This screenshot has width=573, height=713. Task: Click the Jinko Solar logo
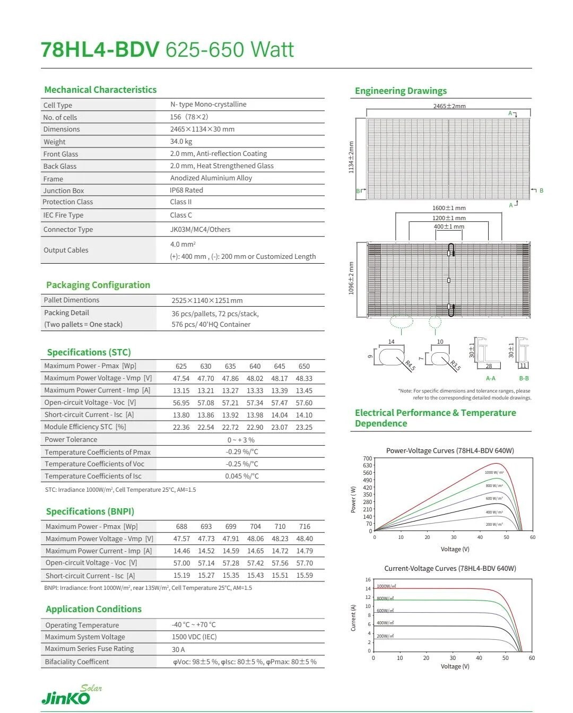[66, 695]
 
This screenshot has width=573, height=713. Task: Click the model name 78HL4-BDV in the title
[100, 50]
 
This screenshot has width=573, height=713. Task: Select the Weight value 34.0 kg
[181, 142]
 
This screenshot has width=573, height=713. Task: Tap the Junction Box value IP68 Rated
[186, 190]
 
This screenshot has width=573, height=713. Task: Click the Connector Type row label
[68, 230]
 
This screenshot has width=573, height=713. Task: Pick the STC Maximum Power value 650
[304, 366]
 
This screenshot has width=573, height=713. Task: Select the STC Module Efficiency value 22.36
[181, 427]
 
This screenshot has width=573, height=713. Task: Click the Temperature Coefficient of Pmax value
[242, 452]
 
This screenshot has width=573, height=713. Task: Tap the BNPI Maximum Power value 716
[305, 527]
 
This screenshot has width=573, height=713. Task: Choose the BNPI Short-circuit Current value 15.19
[181, 576]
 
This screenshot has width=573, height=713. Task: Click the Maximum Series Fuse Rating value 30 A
[178, 649]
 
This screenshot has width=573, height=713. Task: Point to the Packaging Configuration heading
[98, 285]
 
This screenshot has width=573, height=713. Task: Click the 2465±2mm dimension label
[449, 106]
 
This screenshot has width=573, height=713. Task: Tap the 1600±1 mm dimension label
[448, 208]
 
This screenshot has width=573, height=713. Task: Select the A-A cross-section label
[490, 378]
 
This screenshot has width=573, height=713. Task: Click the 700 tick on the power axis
[368, 458]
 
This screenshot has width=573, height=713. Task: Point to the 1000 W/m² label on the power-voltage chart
[494, 472]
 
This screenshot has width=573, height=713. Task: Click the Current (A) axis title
[353, 618]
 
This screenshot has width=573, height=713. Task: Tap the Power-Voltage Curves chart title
[450, 451]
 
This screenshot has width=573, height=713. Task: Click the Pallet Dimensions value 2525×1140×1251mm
[207, 301]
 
